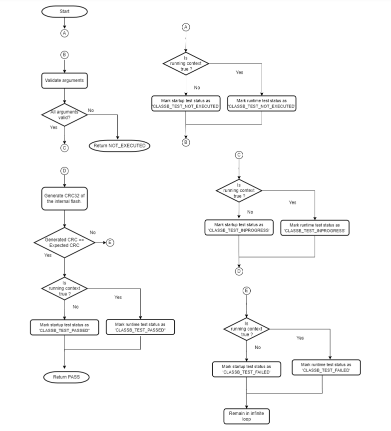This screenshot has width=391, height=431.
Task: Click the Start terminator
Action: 64,10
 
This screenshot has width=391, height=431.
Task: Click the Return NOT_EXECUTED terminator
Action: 119,145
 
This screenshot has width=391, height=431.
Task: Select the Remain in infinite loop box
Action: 246,416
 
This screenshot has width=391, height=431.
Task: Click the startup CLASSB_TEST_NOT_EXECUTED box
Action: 186,103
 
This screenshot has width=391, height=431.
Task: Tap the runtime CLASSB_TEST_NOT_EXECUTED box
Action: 262,103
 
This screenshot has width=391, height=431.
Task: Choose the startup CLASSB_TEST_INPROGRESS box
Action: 239,227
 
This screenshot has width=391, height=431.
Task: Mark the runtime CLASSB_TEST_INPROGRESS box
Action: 315,227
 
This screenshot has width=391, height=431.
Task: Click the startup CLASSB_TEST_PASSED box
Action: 64,327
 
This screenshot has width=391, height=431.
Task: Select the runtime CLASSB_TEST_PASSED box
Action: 140,327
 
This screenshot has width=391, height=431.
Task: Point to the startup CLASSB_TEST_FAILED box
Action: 246,369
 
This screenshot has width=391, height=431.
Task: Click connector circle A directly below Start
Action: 64,33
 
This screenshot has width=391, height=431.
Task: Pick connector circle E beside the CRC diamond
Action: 110,242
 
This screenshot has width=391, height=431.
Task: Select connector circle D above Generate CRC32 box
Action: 64,171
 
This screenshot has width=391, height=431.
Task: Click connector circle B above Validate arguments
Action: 64,54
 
